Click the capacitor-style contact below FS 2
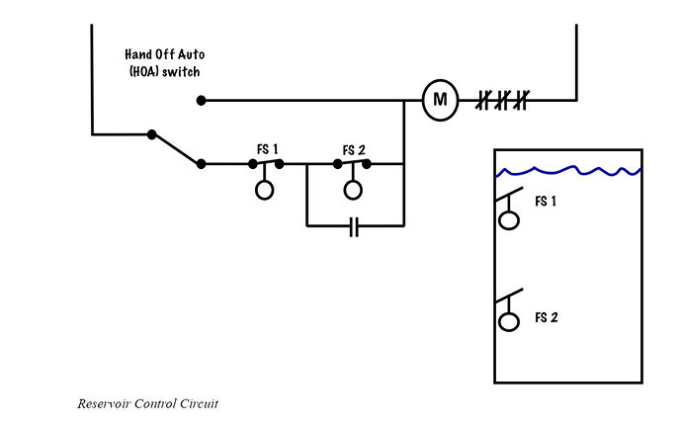[x=355, y=226]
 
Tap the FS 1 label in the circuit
[x=267, y=149]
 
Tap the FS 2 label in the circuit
[x=354, y=150]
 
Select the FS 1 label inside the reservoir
[x=546, y=201]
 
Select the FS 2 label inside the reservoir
[x=547, y=317]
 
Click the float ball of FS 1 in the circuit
[x=265, y=190]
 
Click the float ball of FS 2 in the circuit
[x=353, y=190]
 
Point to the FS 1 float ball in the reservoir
[x=508, y=219]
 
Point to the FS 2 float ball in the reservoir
[x=508, y=321]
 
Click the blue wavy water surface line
[x=568, y=171]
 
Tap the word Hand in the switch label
[x=136, y=54]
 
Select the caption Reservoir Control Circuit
[x=148, y=404]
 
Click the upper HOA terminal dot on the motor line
[x=201, y=101]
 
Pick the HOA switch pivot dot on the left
[x=152, y=134]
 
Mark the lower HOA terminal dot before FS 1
[x=201, y=164]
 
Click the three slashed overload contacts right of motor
[x=502, y=100]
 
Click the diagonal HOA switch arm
[x=176, y=149]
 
